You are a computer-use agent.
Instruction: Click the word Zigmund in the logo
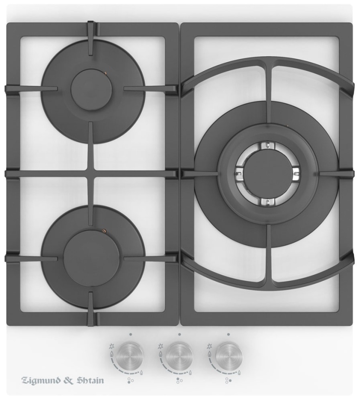[41, 380]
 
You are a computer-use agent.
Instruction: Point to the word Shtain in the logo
[91, 380]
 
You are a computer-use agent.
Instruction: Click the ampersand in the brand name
[69, 380]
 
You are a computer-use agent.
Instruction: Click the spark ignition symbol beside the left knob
[111, 346]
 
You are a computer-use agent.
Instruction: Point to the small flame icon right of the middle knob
[190, 372]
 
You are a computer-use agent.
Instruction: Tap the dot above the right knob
[229, 334]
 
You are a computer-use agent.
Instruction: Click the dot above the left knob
[131, 334]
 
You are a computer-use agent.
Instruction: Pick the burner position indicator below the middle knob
[179, 381]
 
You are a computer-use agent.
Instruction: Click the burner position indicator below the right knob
[228, 381]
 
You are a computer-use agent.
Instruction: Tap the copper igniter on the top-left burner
[105, 73]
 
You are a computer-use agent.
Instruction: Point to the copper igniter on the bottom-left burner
[104, 231]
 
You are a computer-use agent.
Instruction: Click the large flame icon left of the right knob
[209, 354]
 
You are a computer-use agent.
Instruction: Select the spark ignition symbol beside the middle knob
[161, 346]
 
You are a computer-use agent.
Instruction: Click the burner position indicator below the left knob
[131, 381]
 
